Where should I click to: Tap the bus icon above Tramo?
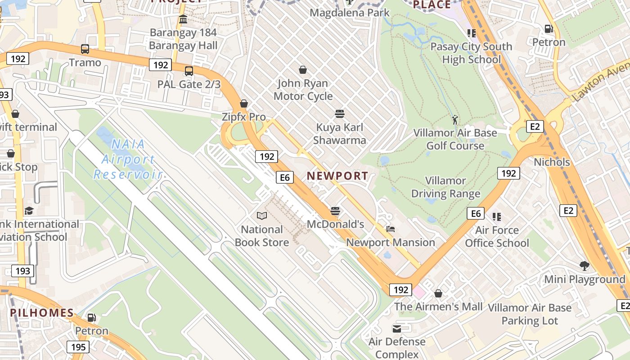click(85, 49)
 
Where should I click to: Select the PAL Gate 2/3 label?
click(189, 84)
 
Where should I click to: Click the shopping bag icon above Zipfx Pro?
click(244, 103)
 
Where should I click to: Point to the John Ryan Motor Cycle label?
click(303, 90)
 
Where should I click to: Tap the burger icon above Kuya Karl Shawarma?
click(340, 114)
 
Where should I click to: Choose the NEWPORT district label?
click(337, 176)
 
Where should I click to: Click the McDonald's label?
click(335, 224)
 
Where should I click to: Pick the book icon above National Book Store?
click(261, 216)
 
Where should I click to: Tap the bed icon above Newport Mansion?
click(390, 229)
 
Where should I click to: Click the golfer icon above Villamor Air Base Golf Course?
click(455, 120)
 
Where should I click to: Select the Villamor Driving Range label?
click(445, 187)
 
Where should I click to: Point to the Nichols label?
click(552, 162)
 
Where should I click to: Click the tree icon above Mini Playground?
click(585, 266)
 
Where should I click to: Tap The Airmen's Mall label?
click(438, 307)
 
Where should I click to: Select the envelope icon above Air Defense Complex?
click(397, 328)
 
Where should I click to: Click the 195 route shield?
click(78, 347)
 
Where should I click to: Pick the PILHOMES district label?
click(42, 313)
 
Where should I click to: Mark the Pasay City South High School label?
click(471, 53)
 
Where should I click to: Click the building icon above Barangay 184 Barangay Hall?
click(183, 19)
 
